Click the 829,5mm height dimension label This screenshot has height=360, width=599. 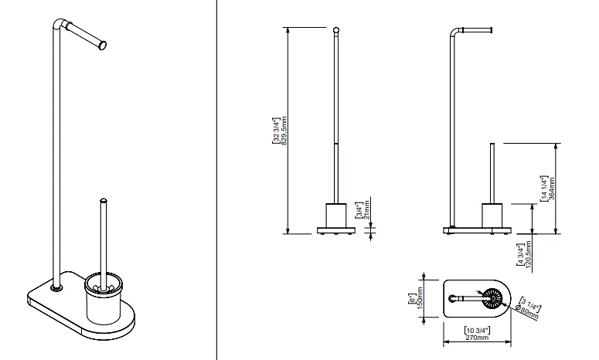[284, 131]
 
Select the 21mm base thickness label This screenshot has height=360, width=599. [366, 209]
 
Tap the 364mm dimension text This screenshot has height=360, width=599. [552, 188]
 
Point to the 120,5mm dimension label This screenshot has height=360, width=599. [529, 254]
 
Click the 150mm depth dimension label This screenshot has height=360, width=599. [420, 298]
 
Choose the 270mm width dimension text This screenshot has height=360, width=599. [477, 338]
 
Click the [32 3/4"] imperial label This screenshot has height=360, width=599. [276, 131]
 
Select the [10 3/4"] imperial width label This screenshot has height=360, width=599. [477, 330]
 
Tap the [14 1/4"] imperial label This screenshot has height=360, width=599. [544, 188]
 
